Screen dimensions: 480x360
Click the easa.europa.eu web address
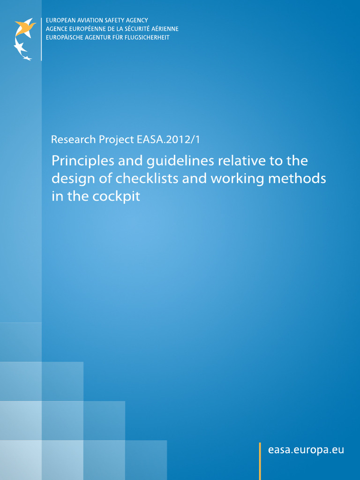click(306, 450)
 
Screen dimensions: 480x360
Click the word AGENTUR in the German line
click(95, 37)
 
